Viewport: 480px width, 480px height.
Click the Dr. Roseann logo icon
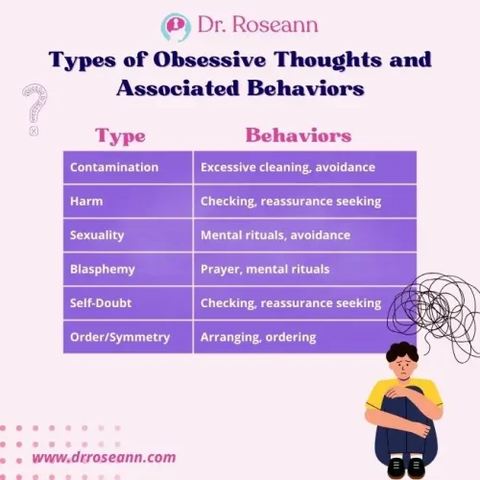(176, 26)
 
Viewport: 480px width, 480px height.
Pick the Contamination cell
(114, 167)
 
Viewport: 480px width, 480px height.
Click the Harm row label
(81, 201)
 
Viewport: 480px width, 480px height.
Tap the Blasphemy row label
(101, 269)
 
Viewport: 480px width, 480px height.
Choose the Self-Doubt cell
(102, 303)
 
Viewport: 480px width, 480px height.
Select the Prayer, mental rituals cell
(264, 269)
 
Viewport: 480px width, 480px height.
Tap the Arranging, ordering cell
(258, 337)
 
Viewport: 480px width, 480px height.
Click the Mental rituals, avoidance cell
(276, 235)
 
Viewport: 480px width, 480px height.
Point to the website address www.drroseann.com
(104, 458)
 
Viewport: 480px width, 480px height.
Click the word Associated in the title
(183, 88)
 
